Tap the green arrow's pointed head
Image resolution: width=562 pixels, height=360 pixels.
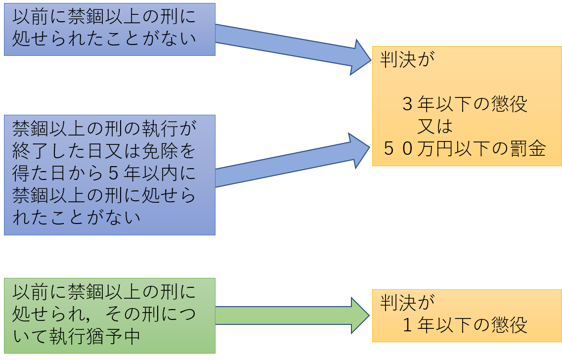click(x=368, y=315)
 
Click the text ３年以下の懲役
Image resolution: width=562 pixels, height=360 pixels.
click(x=465, y=104)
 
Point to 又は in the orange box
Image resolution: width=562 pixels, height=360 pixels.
click(x=435, y=126)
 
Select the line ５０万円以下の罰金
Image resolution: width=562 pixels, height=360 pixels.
click(x=465, y=148)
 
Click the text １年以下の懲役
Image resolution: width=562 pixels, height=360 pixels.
click(x=465, y=325)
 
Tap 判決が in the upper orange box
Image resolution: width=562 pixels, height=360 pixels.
click(x=407, y=59)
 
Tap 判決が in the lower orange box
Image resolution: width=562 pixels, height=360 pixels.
click(x=407, y=303)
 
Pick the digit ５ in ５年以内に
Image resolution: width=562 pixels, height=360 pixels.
click(x=114, y=174)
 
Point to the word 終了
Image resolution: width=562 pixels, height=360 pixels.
click(x=31, y=151)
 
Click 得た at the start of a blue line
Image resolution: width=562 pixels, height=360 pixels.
click(x=31, y=174)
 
